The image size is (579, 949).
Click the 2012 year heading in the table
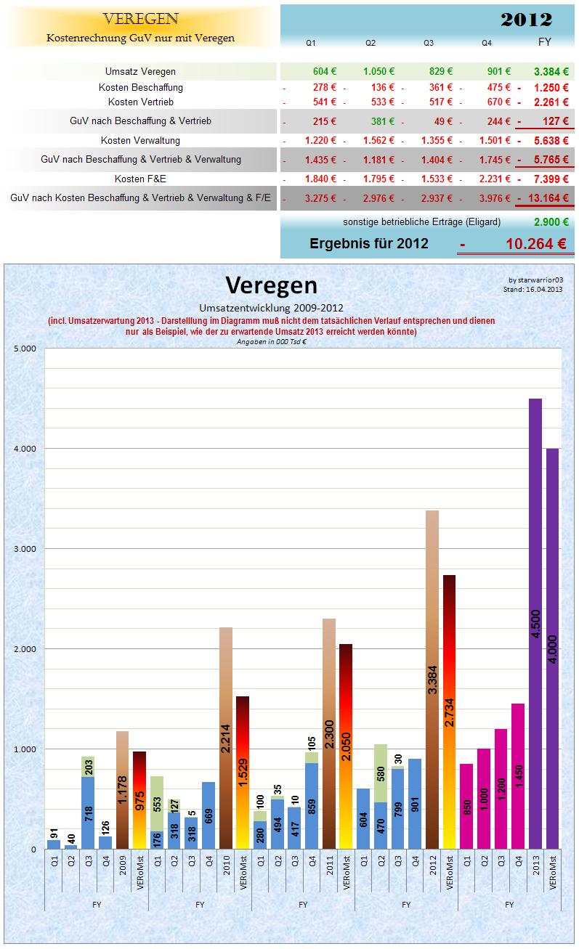[x=526, y=20]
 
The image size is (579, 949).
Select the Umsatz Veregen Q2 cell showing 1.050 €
[x=378, y=71]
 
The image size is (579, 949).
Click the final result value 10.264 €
[x=536, y=244]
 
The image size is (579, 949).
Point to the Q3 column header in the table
[x=429, y=44]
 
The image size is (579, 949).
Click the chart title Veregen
[x=271, y=284]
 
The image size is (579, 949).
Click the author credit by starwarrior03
[x=535, y=280]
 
